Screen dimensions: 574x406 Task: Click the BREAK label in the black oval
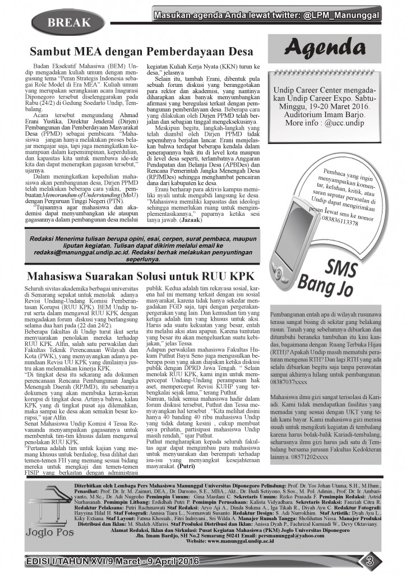[69, 22]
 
